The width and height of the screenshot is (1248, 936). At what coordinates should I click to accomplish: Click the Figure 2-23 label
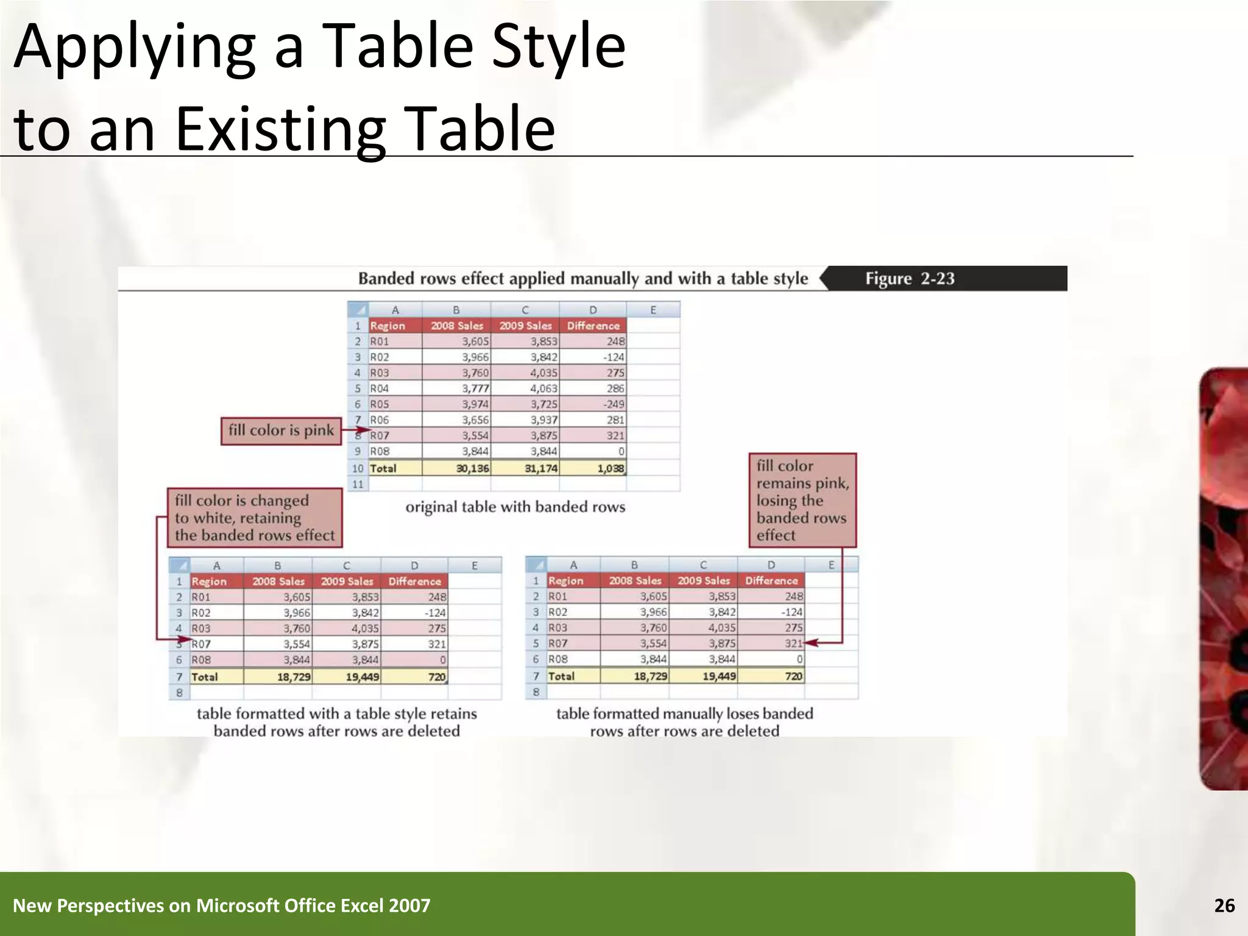(909, 278)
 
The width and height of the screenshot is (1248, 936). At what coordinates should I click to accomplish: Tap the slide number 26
(1224, 906)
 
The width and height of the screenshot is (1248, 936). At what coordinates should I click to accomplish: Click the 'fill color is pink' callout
(281, 430)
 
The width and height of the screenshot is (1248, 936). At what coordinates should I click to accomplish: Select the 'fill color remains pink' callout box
(802, 500)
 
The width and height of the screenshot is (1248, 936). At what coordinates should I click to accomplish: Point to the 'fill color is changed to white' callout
(255, 517)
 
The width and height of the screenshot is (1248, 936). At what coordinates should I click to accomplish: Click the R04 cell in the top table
(380, 388)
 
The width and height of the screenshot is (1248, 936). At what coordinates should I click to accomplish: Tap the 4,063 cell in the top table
(543, 388)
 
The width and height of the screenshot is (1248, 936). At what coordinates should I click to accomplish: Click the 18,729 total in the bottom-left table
(293, 676)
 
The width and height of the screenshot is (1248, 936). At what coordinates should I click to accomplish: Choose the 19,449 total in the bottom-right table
(718, 676)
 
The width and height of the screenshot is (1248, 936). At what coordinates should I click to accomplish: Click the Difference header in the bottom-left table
(414, 581)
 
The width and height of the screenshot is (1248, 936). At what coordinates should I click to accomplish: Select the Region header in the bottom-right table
(565, 581)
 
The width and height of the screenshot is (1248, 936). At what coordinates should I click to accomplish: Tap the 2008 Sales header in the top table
(456, 325)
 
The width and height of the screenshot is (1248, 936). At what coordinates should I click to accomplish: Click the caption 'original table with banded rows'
(515, 507)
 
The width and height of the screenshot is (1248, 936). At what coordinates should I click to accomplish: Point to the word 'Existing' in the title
(281, 129)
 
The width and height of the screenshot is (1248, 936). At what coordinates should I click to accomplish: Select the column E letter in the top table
(653, 310)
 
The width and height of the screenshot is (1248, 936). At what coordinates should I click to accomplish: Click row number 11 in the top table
(358, 484)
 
